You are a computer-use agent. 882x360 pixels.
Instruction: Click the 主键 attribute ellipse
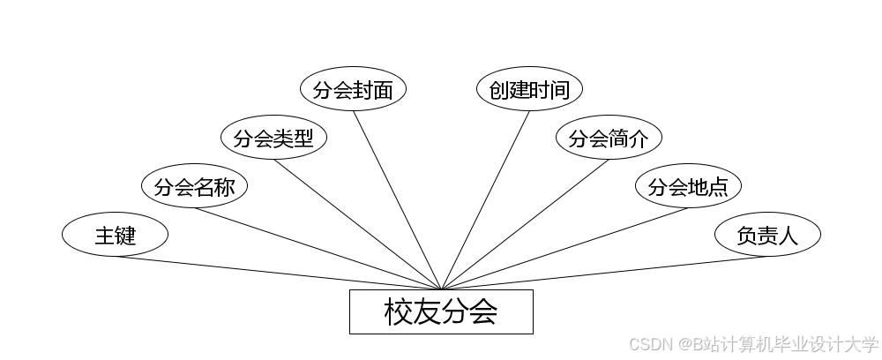[115, 235]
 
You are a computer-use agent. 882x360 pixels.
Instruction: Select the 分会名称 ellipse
[194, 186]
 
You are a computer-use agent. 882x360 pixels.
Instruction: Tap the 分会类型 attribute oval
[273, 138]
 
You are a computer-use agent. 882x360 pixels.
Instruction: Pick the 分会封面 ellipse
[353, 89]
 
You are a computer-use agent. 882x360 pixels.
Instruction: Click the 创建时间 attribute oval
[529, 89]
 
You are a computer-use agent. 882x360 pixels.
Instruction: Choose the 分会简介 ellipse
[609, 138]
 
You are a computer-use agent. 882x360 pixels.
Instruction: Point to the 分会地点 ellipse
[688, 186]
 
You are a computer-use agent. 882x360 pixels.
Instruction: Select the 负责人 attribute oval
[767, 235]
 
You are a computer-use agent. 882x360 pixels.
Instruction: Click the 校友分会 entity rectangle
[441, 311]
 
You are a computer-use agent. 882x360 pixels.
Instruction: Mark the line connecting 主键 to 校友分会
[278, 273]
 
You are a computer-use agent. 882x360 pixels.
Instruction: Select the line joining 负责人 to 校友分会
[604, 273]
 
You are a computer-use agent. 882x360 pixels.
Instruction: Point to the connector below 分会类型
[357, 224]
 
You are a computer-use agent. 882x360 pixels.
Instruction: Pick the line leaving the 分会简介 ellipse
[525, 224]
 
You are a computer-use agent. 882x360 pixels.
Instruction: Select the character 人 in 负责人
[788, 236]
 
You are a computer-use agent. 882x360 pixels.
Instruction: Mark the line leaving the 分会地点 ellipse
[564, 248]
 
